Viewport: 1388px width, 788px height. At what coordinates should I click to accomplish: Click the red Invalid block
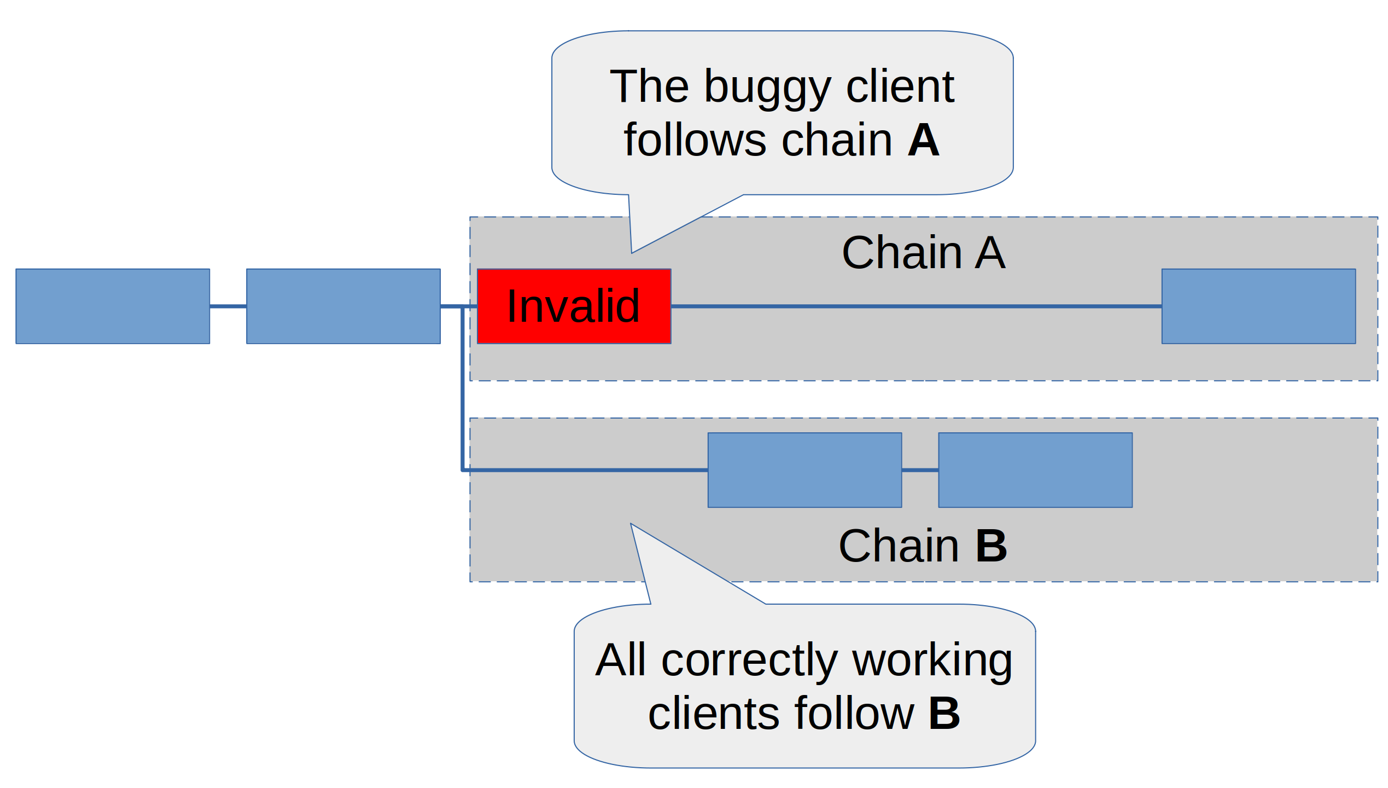click(x=574, y=306)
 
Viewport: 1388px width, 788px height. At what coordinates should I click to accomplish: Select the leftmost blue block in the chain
click(x=113, y=306)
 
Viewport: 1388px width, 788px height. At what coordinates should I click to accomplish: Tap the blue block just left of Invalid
click(x=343, y=306)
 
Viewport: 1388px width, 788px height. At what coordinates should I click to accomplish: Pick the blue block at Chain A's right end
click(x=1259, y=306)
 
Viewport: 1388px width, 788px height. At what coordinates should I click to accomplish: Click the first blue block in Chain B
click(x=805, y=470)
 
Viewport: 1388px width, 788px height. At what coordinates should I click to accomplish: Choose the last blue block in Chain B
click(x=1035, y=470)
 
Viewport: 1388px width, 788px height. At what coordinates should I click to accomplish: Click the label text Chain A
click(x=924, y=253)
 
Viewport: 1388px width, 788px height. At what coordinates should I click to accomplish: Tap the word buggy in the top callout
click(x=767, y=88)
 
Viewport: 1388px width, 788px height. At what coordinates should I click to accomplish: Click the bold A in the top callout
click(x=923, y=140)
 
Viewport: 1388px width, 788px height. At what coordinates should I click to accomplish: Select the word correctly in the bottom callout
click(x=750, y=660)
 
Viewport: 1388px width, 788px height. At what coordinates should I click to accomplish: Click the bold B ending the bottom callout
click(x=944, y=714)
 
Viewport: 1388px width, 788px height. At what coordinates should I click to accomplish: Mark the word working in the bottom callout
click(x=932, y=660)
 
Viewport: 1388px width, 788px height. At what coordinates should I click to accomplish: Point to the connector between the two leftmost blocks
click(x=228, y=306)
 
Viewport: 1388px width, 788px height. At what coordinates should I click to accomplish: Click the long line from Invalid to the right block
click(x=916, y=306)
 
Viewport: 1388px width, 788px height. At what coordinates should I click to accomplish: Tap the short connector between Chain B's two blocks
click(x=920, y=470)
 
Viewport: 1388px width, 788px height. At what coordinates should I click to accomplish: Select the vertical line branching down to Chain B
click(x=463, y=389)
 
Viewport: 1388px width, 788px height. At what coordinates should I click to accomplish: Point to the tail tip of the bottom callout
click(x=632, y=525)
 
